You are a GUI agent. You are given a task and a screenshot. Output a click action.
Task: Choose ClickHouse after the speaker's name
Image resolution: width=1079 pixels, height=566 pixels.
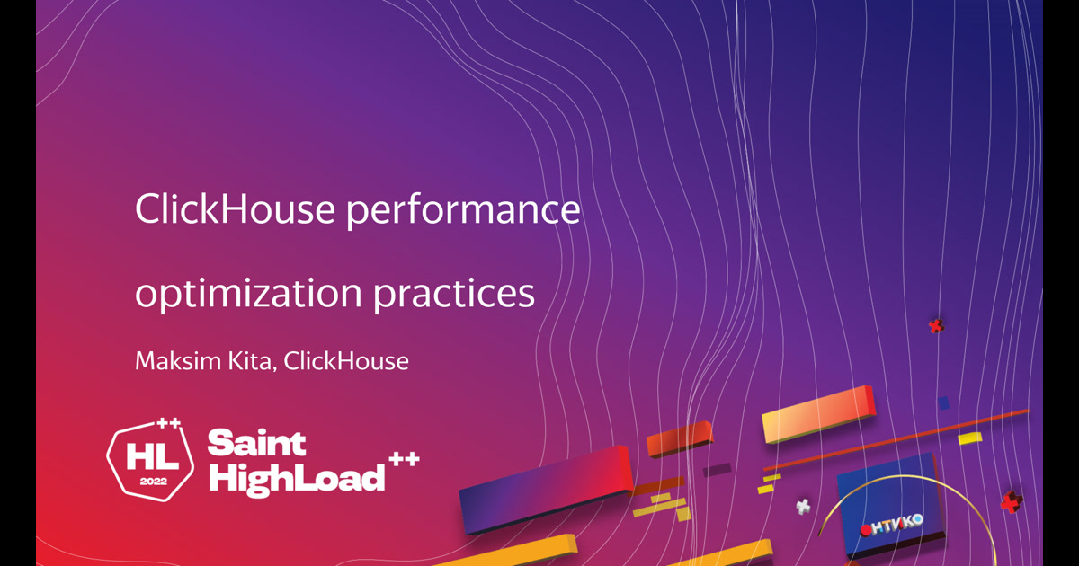(x=346, y=361)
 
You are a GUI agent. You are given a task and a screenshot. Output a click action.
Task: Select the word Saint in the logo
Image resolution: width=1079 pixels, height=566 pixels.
(x=257, y=443)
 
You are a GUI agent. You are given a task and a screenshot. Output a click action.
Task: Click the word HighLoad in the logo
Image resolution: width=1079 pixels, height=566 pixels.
(x=296, y=477)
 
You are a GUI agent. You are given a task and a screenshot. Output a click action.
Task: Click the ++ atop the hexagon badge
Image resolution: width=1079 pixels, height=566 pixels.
(x=168, y=423)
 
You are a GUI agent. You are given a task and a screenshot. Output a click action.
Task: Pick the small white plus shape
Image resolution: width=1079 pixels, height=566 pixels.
(x=803, y=506)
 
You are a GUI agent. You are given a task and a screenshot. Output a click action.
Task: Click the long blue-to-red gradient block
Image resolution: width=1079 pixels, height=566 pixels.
(x=546, y=487)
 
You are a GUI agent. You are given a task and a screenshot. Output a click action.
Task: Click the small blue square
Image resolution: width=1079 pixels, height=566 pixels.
(x=943, y=402)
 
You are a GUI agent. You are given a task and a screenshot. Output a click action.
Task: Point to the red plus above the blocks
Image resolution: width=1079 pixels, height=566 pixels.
(x=936, y=326)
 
